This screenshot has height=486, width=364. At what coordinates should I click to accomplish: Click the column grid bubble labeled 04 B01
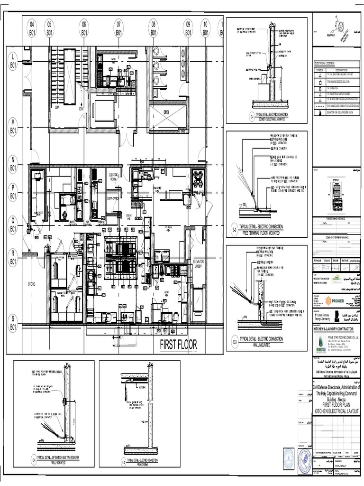(32, 28)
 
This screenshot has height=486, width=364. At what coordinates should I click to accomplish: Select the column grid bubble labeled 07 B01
(118, 28)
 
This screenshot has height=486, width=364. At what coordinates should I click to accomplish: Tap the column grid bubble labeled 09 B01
(188, 28)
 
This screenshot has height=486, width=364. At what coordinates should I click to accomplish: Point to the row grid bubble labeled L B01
(12, 62)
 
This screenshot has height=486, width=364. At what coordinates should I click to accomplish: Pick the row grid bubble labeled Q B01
(12, 224)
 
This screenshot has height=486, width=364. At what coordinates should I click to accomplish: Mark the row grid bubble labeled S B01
(12, 323)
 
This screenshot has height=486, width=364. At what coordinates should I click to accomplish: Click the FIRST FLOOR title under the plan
(178, 345)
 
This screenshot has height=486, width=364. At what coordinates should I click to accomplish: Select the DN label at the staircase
(81, 108)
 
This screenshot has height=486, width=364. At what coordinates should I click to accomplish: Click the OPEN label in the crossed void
(166, 112)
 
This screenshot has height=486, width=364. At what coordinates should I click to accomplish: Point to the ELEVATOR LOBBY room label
(198, 264)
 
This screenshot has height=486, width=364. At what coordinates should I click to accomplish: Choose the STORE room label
(32, 284)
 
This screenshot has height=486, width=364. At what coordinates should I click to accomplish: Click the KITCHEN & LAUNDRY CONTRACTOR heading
(336, 329)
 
